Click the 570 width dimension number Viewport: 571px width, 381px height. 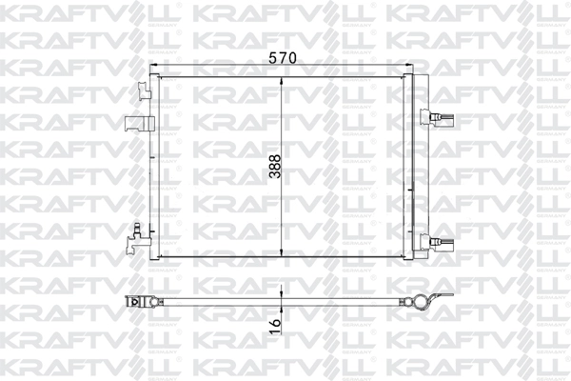pyautogui.click(x=284, y=56)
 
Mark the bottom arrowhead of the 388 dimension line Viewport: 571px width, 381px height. pyautogui.click(x=284, y=259)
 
